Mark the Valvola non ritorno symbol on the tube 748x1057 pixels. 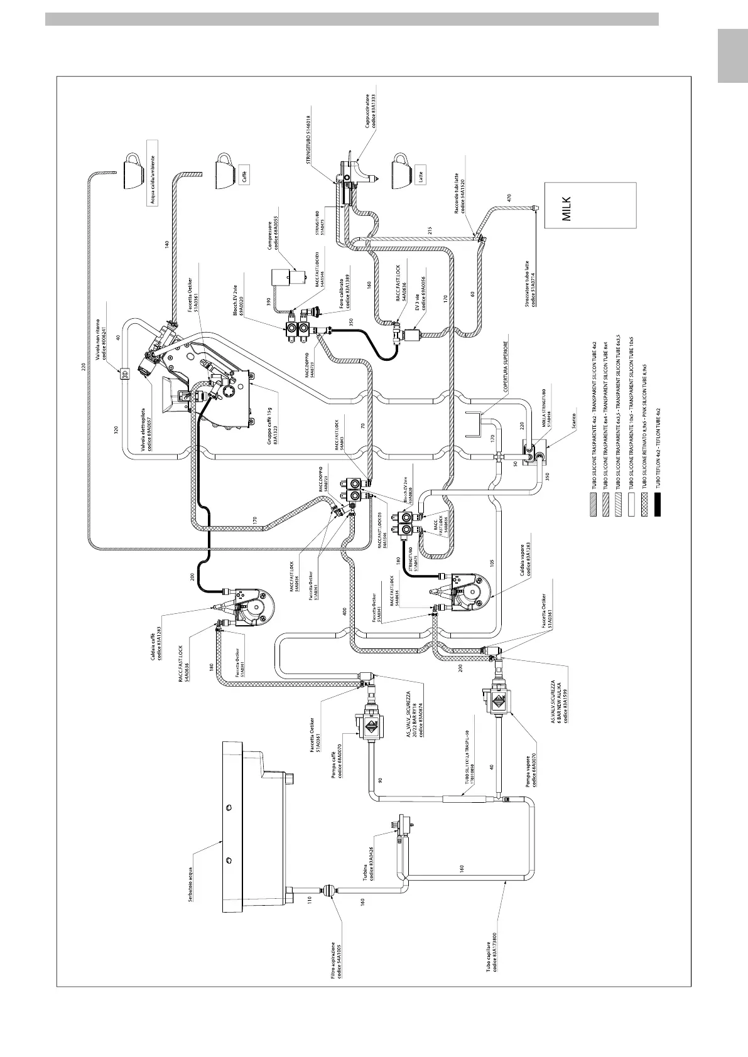click(x=124, y=375)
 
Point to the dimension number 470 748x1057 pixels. click(x=509, y=198)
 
